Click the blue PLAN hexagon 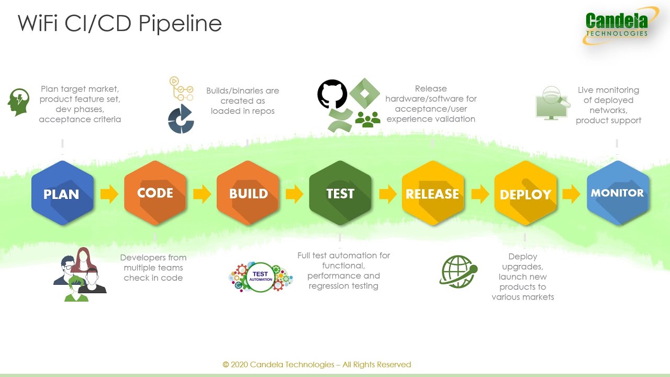pyautogui.click(x=62, y=193)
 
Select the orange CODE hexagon pyautogui.click(x=155, y=193)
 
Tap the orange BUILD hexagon pyautogui.click(x=248, y=193)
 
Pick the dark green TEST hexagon pyautogui.click(x=340, y=193)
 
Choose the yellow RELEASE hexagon pyautogui.click(x=433, y=193)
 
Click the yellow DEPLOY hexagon pyautogui.click(x=526, y=193)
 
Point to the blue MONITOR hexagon pyautogui.click(x=618, y=193)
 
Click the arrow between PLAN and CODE pyautogui.click(x=109, y=194)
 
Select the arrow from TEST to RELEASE pyautogui.click(x=388, y=194)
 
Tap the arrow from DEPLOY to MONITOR pyautogui.click(x=571, y=194)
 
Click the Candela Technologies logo pyautogui.click(x=620, y=26)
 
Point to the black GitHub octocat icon pyautogui.click(x=332, y=94)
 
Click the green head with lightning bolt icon pyautogui.click(x=19, y=102)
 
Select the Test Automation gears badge pyautogui.click(x=261, y=277)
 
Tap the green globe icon pyautogui.click(x=458, y=271)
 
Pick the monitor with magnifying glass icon pyautogui.click(x=553, y=103)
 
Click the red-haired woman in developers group pyautogui.click(x=84, y=260)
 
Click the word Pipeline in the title pyautogui.click(x=180, y=24)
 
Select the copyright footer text pyautogui.click(x=317, y=364)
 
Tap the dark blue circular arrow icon pyautogui.click(x=181, y=119)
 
